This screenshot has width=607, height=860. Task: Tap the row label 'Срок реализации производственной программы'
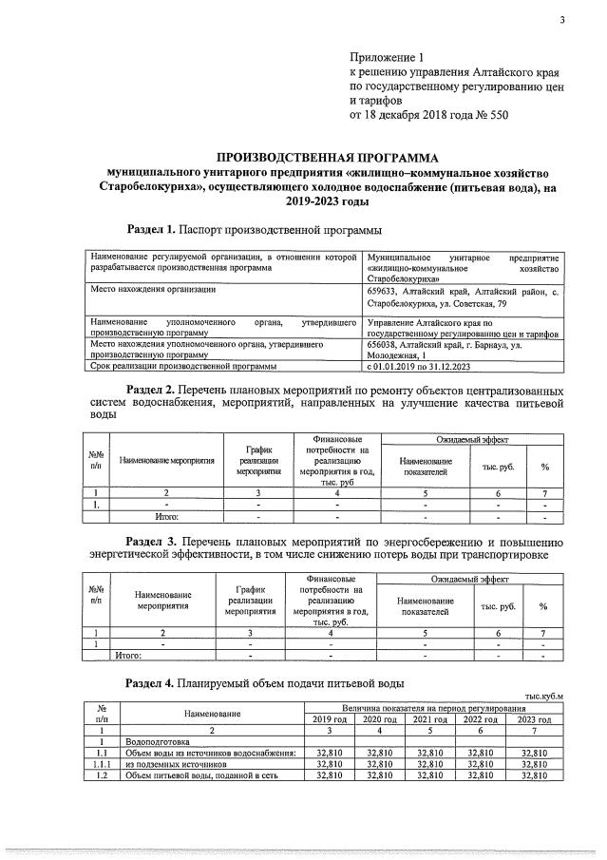tap(182, 366)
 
